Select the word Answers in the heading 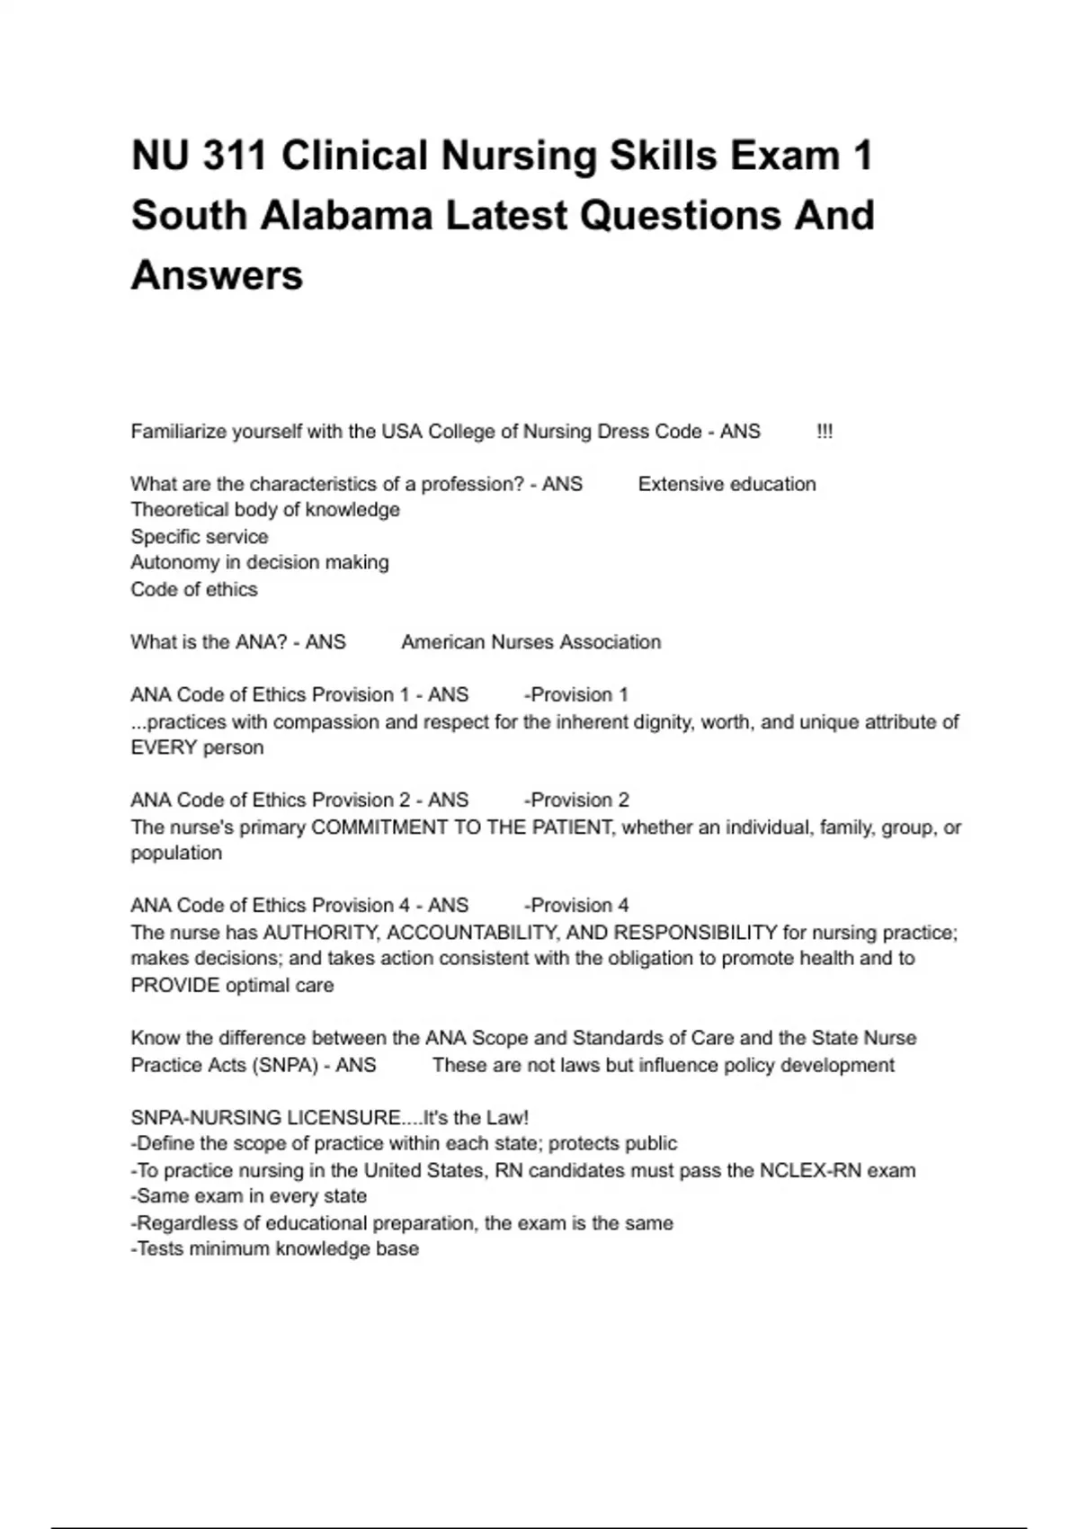click(217, 275)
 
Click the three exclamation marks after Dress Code click(825, 432)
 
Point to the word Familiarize click(178, 432)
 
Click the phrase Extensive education click(727, 484)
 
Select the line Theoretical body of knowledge click(265, 510)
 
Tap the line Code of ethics click(194, 589)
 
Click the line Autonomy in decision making click(260, 563)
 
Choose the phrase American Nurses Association click(531, 642)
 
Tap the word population click(176, 854)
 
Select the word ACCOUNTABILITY click(474, 933)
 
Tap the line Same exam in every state click(249, 1197)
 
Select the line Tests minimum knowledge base click(275, 1249)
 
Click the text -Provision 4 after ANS click(576, 906)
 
